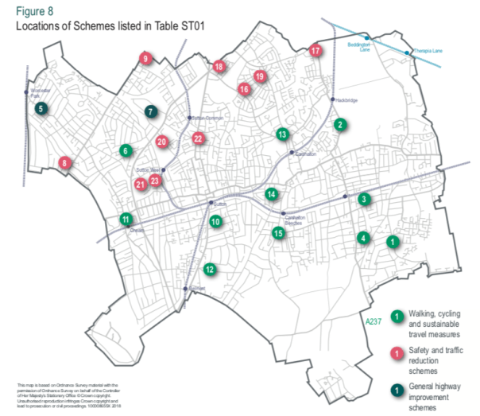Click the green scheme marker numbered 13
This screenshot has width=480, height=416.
click(x=282, y=134)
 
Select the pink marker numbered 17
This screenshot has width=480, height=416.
click(x=315, y=51)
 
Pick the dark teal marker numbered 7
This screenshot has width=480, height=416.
click(x=151, y=112)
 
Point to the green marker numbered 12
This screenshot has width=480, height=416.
click(x=209, y=269)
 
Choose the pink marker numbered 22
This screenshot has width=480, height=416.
click(x=198, y=138)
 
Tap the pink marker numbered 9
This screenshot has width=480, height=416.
click(x=145, y=58)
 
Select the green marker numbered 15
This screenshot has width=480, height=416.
click(x=277, y=233)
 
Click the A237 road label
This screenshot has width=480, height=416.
click(x=373, y=322)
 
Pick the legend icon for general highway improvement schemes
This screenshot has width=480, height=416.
click(x=395, y=389)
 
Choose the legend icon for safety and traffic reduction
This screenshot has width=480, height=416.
click(x=395, y=353)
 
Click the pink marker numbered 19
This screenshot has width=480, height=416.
click(x=259, y=76)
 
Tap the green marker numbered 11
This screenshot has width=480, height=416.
click(x=126, y=219)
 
